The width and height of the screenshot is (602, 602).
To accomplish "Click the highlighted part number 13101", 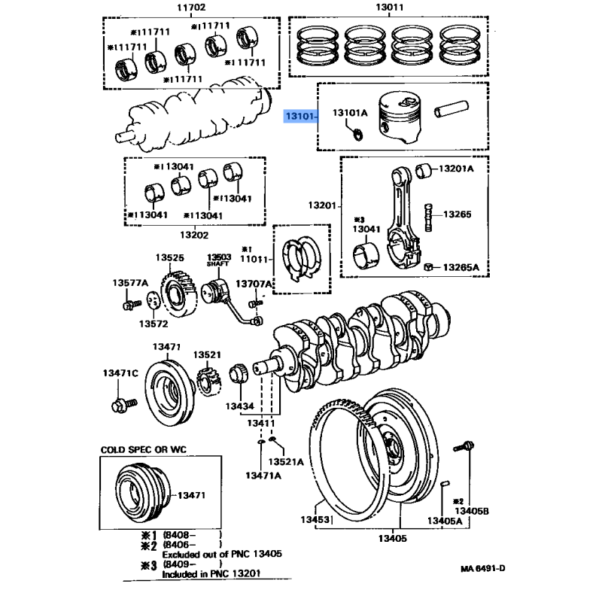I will coord(299,117).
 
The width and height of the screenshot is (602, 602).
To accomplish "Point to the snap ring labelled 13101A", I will coord(358,135).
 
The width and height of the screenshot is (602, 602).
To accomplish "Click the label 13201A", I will coord(458,169).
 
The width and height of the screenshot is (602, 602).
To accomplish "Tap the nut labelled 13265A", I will coord(428,266).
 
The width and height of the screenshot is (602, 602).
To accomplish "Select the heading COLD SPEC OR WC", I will coord(143,449).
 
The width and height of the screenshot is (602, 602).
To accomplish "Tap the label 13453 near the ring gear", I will coord(315,520).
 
